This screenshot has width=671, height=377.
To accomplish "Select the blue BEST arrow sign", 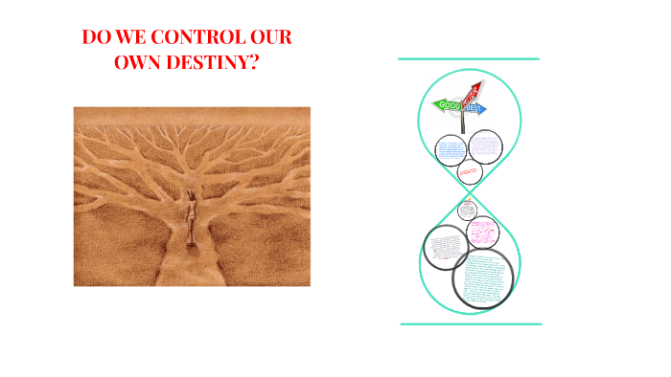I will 476,109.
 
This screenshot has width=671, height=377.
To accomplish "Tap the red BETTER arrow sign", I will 471,94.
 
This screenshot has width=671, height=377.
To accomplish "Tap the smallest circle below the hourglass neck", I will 467,210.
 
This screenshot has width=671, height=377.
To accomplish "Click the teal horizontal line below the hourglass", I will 470,324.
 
